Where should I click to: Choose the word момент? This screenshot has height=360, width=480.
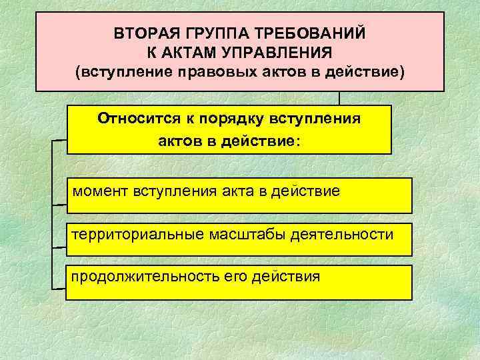[x=102, y=192]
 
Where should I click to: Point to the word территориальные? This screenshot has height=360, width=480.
[x=133, y=235]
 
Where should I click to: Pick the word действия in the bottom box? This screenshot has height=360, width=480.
[x=286, y=275]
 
